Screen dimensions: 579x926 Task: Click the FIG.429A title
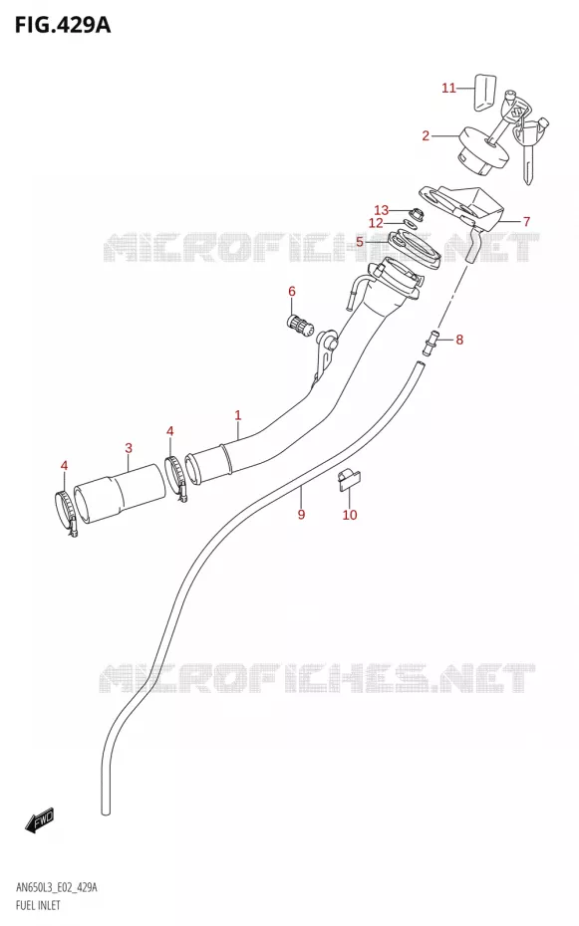coord(63,26)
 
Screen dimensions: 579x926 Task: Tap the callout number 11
coord(449,88)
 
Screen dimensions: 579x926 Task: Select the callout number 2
coord(426,135)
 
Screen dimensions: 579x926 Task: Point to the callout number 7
coord(526,221)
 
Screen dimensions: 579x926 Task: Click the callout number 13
coord(381,210)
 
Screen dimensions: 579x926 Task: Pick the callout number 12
coord(376,223)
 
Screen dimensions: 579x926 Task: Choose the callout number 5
coord(359,242)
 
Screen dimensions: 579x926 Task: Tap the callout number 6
coord(292,291)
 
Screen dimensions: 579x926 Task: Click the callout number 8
coord(459,340)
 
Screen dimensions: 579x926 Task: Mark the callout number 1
coord(238,415)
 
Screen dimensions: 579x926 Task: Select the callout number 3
coord(129,448)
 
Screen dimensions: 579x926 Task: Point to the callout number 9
coord(301,515)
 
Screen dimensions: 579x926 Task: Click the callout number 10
coord(350,515)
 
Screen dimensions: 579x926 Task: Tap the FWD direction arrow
coord(40,820)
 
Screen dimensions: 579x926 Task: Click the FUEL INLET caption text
coord(37,905)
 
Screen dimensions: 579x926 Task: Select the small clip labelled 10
coord(349,477)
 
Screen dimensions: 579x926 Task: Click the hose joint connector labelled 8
coord(431,344)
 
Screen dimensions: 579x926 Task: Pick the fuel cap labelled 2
coord(482,152)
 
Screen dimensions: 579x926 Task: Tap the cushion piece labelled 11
coord(484,93)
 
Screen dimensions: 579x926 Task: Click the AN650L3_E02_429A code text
coord(56,887)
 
